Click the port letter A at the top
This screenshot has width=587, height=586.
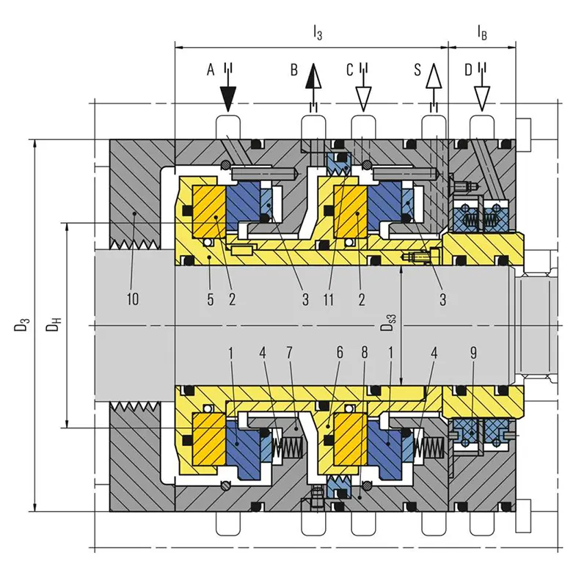pos(211,70)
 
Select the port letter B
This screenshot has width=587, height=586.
pos(294,70)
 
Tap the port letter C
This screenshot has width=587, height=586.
pos(350,70)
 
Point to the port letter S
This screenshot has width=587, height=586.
pos(418,70)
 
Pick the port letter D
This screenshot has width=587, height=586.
pos(468,70)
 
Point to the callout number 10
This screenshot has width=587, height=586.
pos(133,299)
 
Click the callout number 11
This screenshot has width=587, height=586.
pos(328,299)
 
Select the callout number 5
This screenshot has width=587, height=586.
pos(211,299)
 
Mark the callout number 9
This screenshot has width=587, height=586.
pos(473,353)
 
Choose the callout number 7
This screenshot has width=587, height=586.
pos(289,353)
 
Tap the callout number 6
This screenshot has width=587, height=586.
pos(340,352)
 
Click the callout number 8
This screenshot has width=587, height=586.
pos(364,352)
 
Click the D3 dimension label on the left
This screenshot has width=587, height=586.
pos(22,324)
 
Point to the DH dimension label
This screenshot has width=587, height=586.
pos(54,324)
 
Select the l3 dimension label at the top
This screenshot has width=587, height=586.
pos(318,33)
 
